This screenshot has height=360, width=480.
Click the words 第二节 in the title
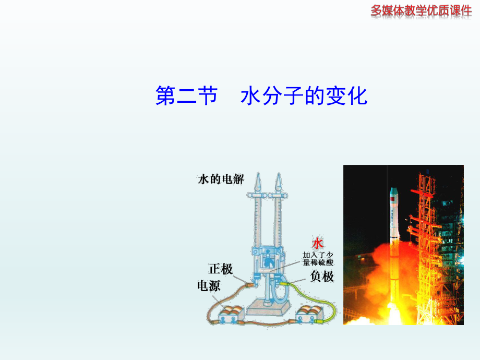coord(186,96)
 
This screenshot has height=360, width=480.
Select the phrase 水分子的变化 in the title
coord(304,96)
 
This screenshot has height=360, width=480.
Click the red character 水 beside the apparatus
coord(318,244)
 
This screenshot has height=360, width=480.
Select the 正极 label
coord(221,269)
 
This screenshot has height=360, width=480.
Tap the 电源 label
coord(208,285)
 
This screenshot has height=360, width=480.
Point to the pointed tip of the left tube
coord(259,181)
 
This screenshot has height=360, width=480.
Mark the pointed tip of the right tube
coord(280,181)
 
